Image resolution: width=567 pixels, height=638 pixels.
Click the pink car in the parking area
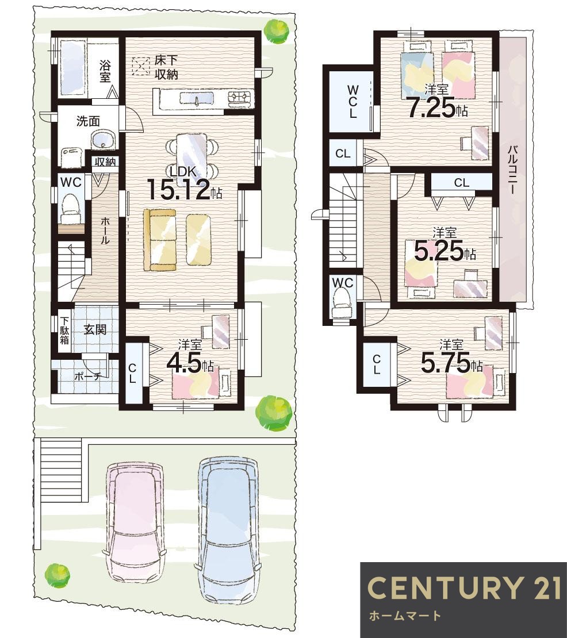(x=136, y=525)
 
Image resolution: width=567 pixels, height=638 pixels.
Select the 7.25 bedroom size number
(x=438, y=108)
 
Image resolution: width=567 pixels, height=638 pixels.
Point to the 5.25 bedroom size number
(x=445, y=251)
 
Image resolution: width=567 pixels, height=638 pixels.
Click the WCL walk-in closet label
(x=353, y=102)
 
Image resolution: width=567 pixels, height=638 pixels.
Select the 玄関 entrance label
(x=95, y=329)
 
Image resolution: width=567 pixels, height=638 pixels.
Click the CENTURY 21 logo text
(x=463, y=587)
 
